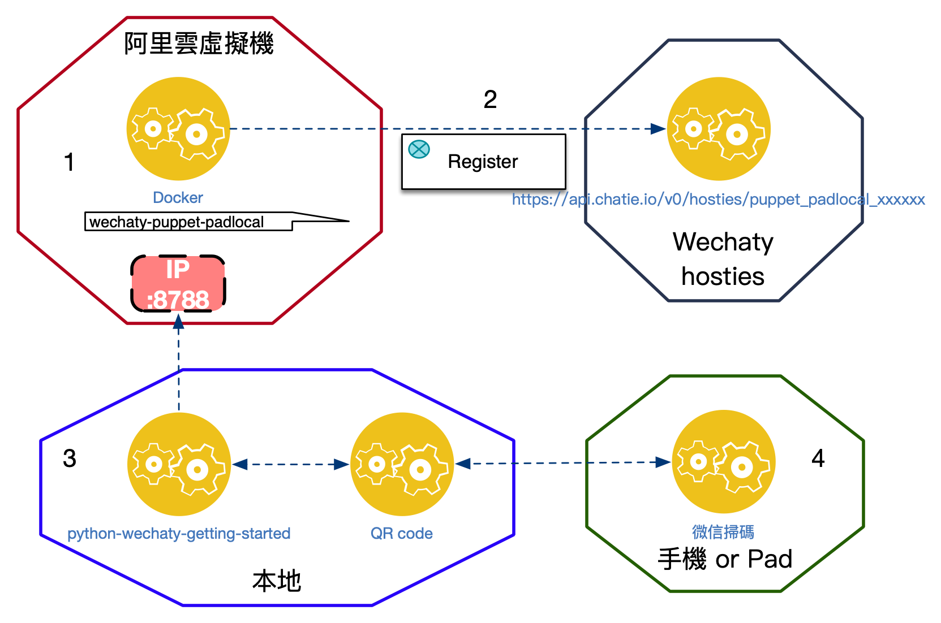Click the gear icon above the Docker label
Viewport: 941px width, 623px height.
(x=178, y=129)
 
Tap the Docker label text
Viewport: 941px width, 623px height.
(x=178, y=197)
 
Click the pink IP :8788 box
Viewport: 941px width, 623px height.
(x=178, y=284)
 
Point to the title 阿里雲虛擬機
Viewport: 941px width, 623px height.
(x=199, y=44)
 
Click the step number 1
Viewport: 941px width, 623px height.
(x=69, y=162)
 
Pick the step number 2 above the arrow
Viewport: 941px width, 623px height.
(x=490, y=99)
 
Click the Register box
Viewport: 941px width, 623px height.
(x=483, y=162)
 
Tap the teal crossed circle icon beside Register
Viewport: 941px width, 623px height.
(x=419, y=149)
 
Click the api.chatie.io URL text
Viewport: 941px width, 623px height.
(x=718, y=199)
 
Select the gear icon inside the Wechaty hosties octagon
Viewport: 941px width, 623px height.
(x=719, y=129)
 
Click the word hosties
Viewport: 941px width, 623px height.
(x=723, y=276)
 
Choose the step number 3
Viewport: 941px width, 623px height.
(x=70, y=458)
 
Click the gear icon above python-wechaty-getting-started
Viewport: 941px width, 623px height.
(x=179, y=464)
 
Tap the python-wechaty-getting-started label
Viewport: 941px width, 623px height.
(x=179, y=533)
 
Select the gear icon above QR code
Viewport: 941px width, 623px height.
(x=402, y=464)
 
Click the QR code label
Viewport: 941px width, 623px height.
(x=402, y=533)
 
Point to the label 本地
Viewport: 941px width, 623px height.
(x=277, y=581)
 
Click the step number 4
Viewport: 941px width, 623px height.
(x=818, y=458)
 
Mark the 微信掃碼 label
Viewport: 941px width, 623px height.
(x=723, y=531)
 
